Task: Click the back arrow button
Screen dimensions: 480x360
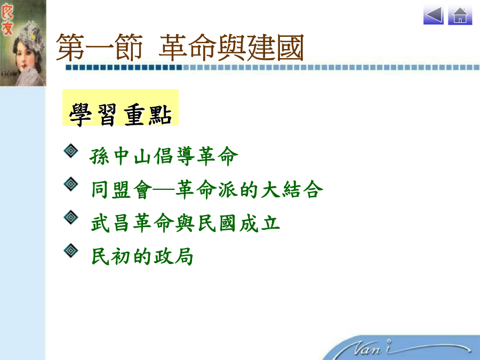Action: click(x=434, y=15)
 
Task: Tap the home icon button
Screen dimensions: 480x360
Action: click(x=460, y=15)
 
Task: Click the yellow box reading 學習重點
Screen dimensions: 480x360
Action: click(x=121, y=107)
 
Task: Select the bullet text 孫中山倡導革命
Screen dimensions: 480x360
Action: click(x=164, y=156)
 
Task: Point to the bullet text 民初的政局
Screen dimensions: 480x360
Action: click(x=142, y=256)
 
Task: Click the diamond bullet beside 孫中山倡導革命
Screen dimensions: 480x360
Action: click(x=71, y=150)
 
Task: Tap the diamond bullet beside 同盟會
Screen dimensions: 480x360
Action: click(x=71, y=184)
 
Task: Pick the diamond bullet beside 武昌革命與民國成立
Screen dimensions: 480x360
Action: click(x=71, y=218)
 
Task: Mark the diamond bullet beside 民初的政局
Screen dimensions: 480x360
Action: click(x=71, y=251)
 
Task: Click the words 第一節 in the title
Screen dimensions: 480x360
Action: click(x=99, y=48)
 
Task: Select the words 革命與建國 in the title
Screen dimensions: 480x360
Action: click(x=231, y=48)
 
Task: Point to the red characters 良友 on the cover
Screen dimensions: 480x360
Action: click(x=7, y=20)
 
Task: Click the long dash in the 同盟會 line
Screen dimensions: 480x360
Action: click(x=164, y=190)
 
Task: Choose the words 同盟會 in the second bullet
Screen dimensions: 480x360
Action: click(x=122, y=189)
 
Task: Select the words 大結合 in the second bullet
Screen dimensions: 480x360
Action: click(x=292, y=189)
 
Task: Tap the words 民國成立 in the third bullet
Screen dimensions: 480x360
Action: click(x=239, y=223)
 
